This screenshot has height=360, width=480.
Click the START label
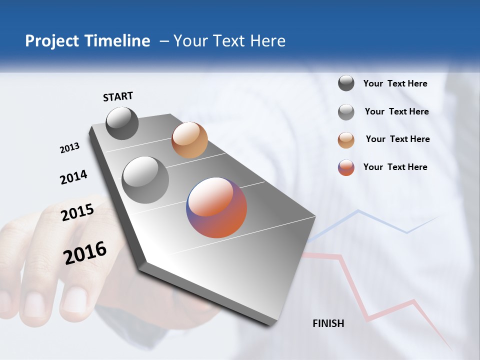pos(118,96)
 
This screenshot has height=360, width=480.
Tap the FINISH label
pos(328,323)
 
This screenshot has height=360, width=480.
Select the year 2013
pos(69,148)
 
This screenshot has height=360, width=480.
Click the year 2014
pos(73,177)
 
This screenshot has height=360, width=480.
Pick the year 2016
pos(85,252)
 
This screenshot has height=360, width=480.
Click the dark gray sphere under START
pos(122,123)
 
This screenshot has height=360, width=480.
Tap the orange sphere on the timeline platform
pos(189,140)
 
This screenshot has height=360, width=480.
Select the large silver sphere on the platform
pos(145,179)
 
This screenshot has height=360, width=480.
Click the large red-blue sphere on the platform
pos(216,207)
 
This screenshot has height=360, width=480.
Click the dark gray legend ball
pos(346,83)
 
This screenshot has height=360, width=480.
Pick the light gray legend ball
pos(346,112)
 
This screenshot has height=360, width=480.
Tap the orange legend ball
pos(346,140)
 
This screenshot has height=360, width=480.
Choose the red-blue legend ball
pos(346,167)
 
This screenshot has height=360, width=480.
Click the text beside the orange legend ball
pos(397,139)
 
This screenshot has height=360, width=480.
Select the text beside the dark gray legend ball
pos(395,83)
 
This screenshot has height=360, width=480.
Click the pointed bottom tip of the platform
pos(270,324)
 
